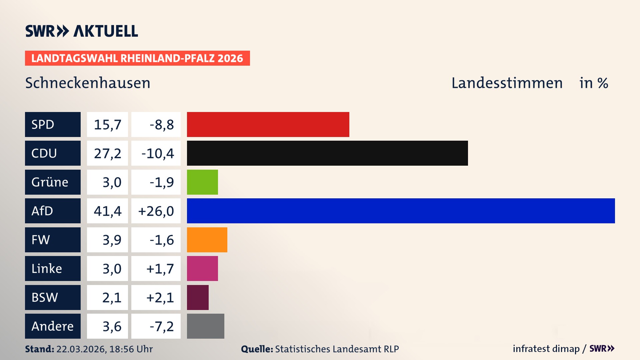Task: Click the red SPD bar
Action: coord(268,124)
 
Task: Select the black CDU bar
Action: coord(327,153)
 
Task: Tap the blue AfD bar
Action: coord(401,211)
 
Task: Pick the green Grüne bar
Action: coord(202,182)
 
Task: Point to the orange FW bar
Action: coord(207,240)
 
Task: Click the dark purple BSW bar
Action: coord(198,297)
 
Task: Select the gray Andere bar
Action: coord(205,326)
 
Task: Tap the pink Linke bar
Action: coord(202,268)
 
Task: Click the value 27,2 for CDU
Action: coord(107,153)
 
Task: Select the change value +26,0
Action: coord(156,211)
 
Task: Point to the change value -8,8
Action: coord(161,125)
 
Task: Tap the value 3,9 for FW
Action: coord(112,240)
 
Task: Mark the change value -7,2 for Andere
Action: coord(161,326)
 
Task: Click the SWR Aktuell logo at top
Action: coord(82,31)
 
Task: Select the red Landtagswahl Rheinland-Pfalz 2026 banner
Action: coord(137,58)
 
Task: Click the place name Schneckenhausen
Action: coord(88,83)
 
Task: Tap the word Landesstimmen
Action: coord(507,83)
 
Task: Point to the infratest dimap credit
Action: coord(546,349)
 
